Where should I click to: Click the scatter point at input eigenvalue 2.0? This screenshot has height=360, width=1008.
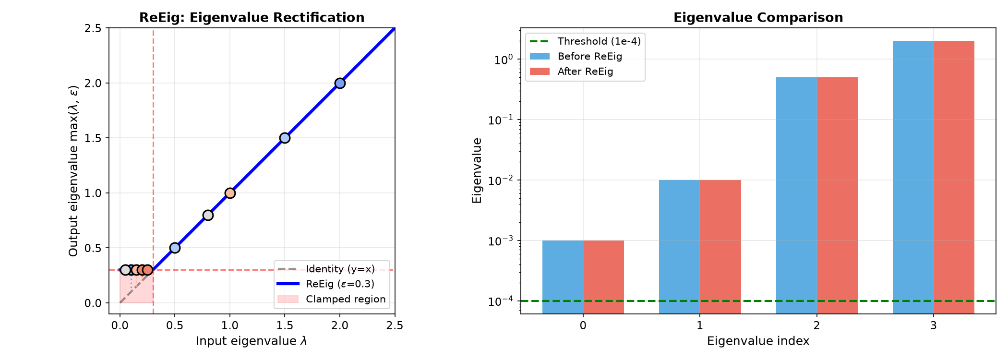pyautogui.click(x=340, y=83)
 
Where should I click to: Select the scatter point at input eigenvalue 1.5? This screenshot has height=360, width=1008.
pyautogui.click(x=285, y=138)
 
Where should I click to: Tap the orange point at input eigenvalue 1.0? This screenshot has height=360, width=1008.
pyautogui.click(x=230, y=193)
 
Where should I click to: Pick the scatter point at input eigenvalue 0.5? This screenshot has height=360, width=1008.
pyautogui.click(x=175, y=248)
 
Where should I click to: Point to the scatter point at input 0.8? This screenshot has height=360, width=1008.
pyautogui.click(x=208, y=215)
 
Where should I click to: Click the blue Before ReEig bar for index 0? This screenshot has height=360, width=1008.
pyautogui.click(x=563, y=277)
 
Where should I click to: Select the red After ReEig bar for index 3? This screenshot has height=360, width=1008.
pyautogui.click(x=954, y=177)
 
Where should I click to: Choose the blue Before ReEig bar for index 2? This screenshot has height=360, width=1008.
pyautogui.click(x=797, y=195)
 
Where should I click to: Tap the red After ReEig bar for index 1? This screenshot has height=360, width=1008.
pyautogui.click(x=720, y=247)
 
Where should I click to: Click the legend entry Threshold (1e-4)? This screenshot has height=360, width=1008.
pyautogui.click(x=585, y=41)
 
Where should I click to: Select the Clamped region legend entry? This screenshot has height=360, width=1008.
pyautogui.click(x=332, y=299)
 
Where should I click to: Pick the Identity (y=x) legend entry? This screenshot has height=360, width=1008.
pyautogui.click(x=326, y=269)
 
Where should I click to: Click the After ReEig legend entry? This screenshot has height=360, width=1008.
pyautogui.click(x=571, y=72)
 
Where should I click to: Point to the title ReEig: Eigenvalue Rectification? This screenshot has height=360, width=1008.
pyautogui.click(x=252, y=18)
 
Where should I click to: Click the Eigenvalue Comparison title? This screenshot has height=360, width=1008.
pyautogui.click(x=758, y=18)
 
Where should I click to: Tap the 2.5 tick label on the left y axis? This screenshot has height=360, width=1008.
pyautogui.click(x=93, y=28)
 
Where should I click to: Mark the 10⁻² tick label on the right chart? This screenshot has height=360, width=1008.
pyautogui.click(x=501, y=180)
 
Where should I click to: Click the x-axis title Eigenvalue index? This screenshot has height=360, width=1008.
pyautogui.click(x=758, y=341)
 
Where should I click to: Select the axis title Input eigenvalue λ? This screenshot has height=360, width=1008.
pyautogui.click(x=252, y=341)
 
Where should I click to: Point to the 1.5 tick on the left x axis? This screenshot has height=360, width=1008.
pyautogui.click(x=285, y=325)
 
